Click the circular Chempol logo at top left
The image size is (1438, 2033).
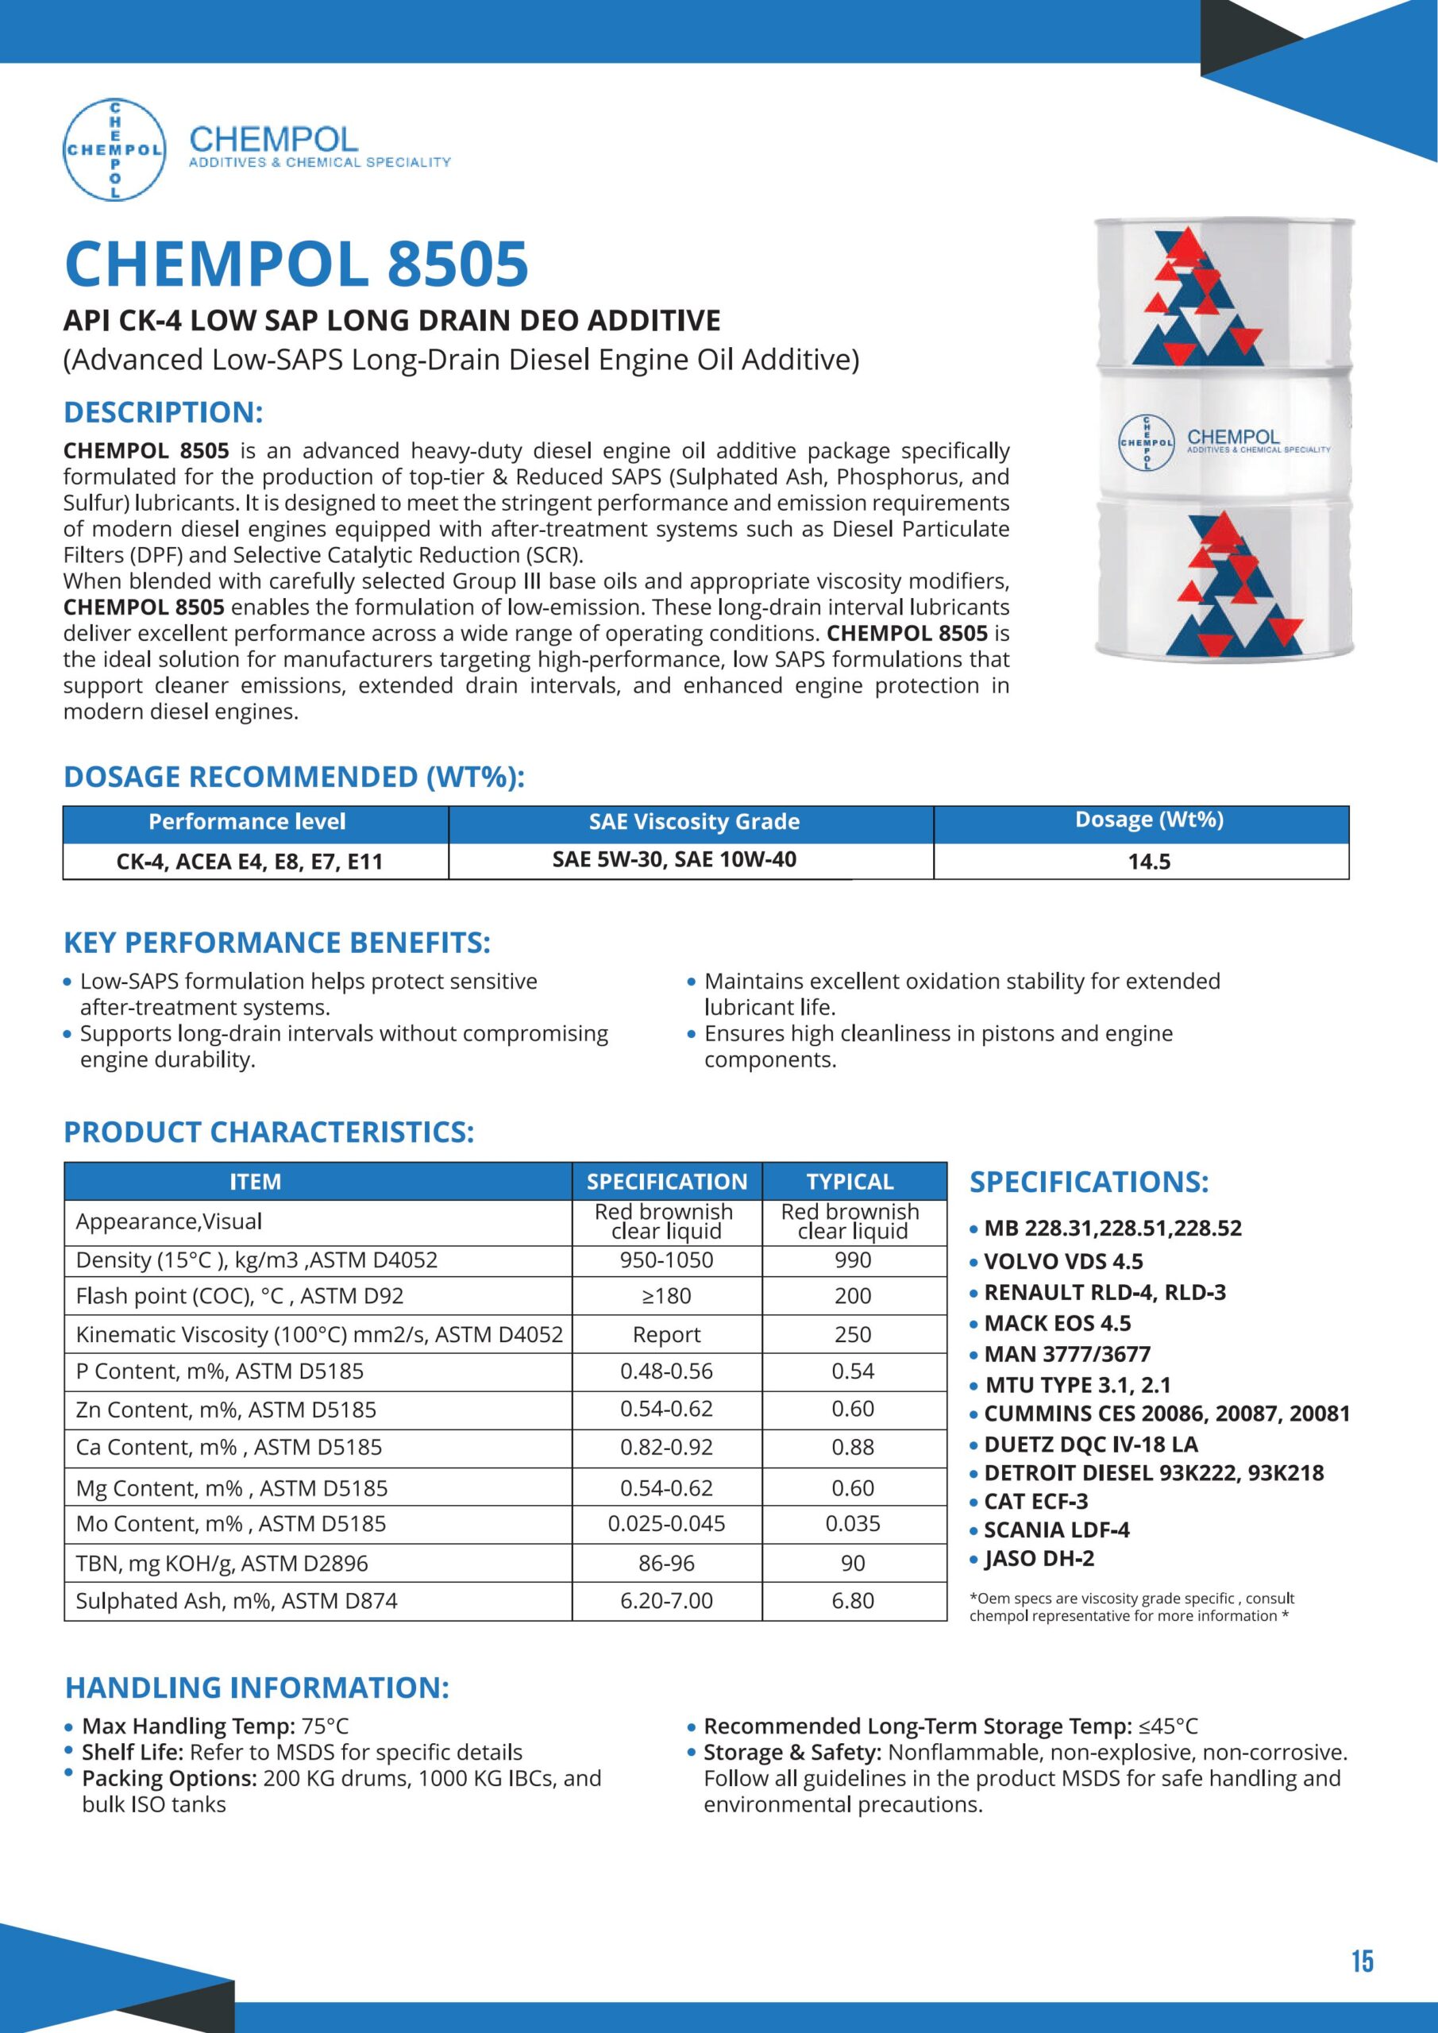click(114, 149)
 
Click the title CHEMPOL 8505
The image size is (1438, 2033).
click(297, 264)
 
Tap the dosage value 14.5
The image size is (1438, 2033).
click(1148, 862)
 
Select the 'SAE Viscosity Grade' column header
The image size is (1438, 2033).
click(693, 822)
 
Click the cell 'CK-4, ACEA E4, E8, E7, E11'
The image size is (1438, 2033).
click(249, 862)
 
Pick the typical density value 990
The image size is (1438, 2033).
click(853, 1260)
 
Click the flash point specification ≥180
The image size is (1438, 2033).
click(666, 1295)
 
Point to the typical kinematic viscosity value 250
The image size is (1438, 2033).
click(853, 1334)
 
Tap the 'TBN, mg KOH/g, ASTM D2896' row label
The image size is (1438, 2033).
click(222, 1563)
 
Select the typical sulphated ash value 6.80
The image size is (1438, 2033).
click(853, 1600)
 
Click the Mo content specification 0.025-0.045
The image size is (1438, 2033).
click(666, 1523)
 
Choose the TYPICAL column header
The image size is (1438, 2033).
click(850, 1181)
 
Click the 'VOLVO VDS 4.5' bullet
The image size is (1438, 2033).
click(1062, 1261)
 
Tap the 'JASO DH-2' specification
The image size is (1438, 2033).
click(1039, 1558)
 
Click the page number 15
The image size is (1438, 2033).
click(1362, 1962)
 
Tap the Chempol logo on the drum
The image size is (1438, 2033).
click(1146, 441)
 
